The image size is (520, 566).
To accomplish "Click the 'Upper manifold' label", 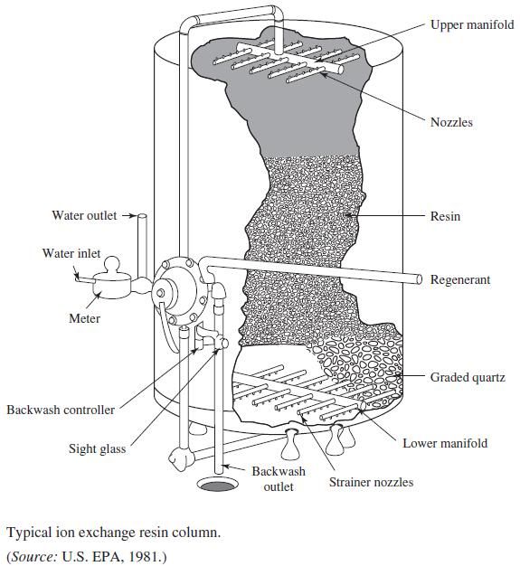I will pyautogui.click(x=471, y=25).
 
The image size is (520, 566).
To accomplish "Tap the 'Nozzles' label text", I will pyautogui.click(x=451, y=122).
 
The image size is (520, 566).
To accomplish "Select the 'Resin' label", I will pyautogui.click(x=445, y=217).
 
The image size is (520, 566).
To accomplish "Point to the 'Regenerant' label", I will pyautogui.click(x=460, y=279).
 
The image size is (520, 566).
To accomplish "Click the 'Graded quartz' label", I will pyautogui.click(x=468, y=377).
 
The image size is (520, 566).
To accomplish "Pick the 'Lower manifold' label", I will pyautogui.click(x=445, y=443).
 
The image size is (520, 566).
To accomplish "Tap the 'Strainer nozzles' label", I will pyautogui.click(x=371, y=482).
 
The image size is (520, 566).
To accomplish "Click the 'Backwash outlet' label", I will pyautogui.click(x=279, y=479).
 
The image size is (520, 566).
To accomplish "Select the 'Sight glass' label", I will pyautogui.click(x=97, y=449).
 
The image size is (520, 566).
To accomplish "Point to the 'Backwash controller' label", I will pyautogui.click(x=61, y=410).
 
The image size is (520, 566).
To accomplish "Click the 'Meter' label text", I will pyautogui.click(x=84, y=318).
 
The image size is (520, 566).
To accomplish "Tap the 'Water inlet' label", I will pyautogui.click(x=71, y=253).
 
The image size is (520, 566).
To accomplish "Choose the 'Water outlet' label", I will pyautogui.click(x=84, y=215).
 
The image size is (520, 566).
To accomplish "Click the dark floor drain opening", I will pyautogui.click(x=216, y=486).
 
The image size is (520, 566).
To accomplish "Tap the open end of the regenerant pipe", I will pyautogui.click(x=419, y=278).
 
